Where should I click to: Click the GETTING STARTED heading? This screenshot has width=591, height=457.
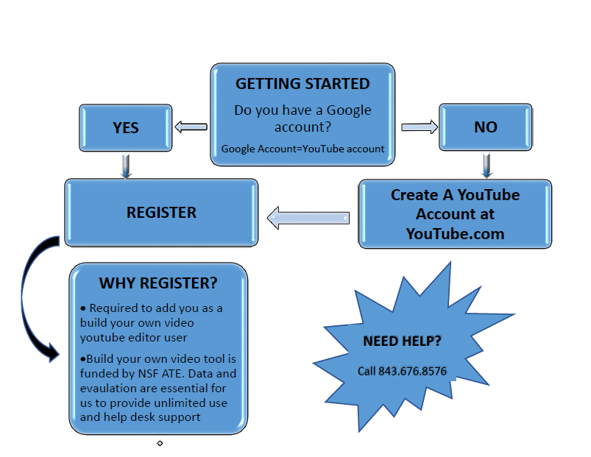click(302, 84)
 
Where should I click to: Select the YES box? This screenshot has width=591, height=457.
click(126, 127)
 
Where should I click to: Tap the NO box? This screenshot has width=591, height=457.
click(485, 127)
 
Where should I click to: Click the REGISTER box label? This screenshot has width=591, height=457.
click(161, 213)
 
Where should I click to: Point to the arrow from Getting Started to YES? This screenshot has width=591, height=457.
click(191, 127)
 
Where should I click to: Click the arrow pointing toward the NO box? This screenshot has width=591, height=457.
click(420, 127)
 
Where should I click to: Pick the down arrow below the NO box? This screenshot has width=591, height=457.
click(486, 166)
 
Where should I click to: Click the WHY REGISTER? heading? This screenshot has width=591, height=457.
click(158, 283)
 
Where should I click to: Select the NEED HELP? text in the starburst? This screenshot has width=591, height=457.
click(402, 341)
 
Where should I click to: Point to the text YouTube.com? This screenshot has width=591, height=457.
click(455, 233)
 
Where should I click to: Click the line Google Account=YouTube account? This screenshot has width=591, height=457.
click(302, 149)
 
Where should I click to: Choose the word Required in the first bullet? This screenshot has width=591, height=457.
click(116, 308)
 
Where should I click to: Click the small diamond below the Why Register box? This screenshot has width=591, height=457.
click(160, 443)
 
